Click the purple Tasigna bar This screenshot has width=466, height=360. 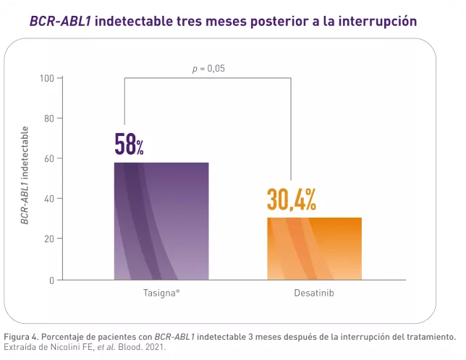[161, 220]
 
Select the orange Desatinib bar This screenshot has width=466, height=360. [314, 248]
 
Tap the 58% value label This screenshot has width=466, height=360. [130, 145]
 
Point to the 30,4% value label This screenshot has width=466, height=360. [292, 200]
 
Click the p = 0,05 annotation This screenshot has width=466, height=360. [208, 69]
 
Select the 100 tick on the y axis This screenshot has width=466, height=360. [47, 78]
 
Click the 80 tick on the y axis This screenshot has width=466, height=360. [49, 118]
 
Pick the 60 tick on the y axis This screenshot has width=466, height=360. [49, 158]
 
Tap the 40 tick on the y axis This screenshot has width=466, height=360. [49, 199]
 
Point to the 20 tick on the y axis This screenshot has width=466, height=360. [49, 239]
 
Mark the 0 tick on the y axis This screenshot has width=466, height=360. [51, 280]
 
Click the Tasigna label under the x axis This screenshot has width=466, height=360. [160, 294]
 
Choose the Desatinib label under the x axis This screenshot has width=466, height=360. [314, 294]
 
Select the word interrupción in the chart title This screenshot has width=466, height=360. [381, 20]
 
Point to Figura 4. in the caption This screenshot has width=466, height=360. [22, 337]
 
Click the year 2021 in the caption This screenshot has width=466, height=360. [154, 347]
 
